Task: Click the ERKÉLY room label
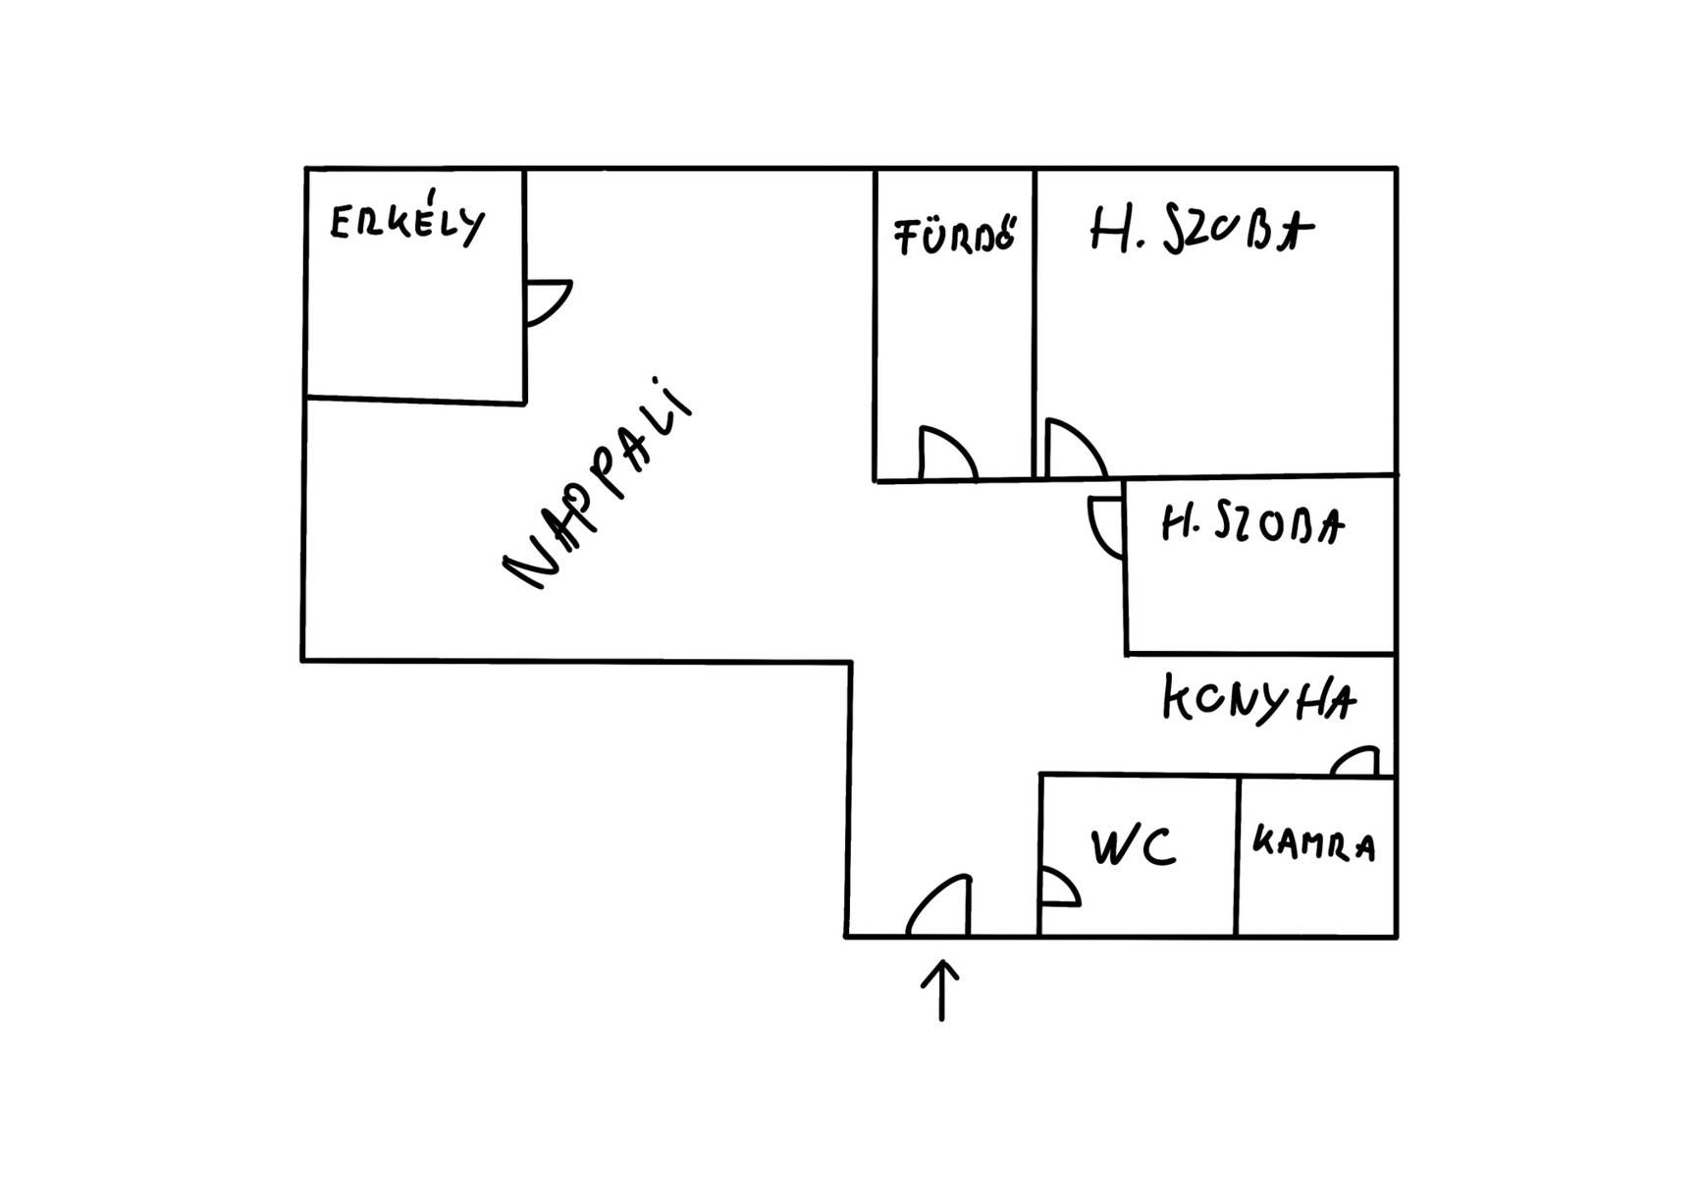[x=407, y=223]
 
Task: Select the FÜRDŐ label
[x=955, y=236]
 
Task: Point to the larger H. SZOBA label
[x=1201, y=232]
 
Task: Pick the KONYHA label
[x=1259, y=700]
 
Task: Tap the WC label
[x=1134, y=846]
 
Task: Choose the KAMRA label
[x=1314, y=844]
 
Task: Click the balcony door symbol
[x=546, y=301]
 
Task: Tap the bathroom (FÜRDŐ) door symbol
[x=946, y=454]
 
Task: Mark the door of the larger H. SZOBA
[x=1074, y=450]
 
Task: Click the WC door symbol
[x=1059, y=888]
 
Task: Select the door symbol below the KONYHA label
[x=1355, y=762]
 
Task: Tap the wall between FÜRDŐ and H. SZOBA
[x=1035, y=324]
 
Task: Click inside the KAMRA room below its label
[x=1315, y=898]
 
